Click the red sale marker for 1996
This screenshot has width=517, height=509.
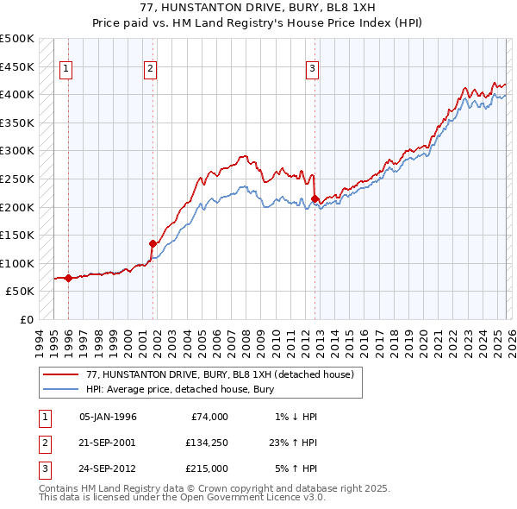(x=68, y=278)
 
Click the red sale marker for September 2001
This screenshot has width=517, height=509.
(x=153, y=243)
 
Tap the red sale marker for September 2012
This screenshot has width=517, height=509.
(x=315, y=198)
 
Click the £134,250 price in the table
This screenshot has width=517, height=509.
(x=207, y=442)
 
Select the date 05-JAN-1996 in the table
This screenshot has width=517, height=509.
(x=108, y=417)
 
